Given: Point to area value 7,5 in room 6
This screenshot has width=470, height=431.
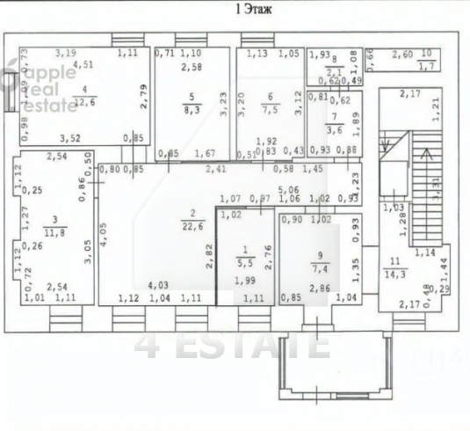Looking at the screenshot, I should tap(268, 110).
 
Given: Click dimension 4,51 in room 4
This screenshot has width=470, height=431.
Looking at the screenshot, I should tap(83, 64).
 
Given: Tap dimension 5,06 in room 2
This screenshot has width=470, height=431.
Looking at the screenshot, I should tap(287, 187).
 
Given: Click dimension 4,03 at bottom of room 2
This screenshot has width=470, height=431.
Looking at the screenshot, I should tap(158, 285).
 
